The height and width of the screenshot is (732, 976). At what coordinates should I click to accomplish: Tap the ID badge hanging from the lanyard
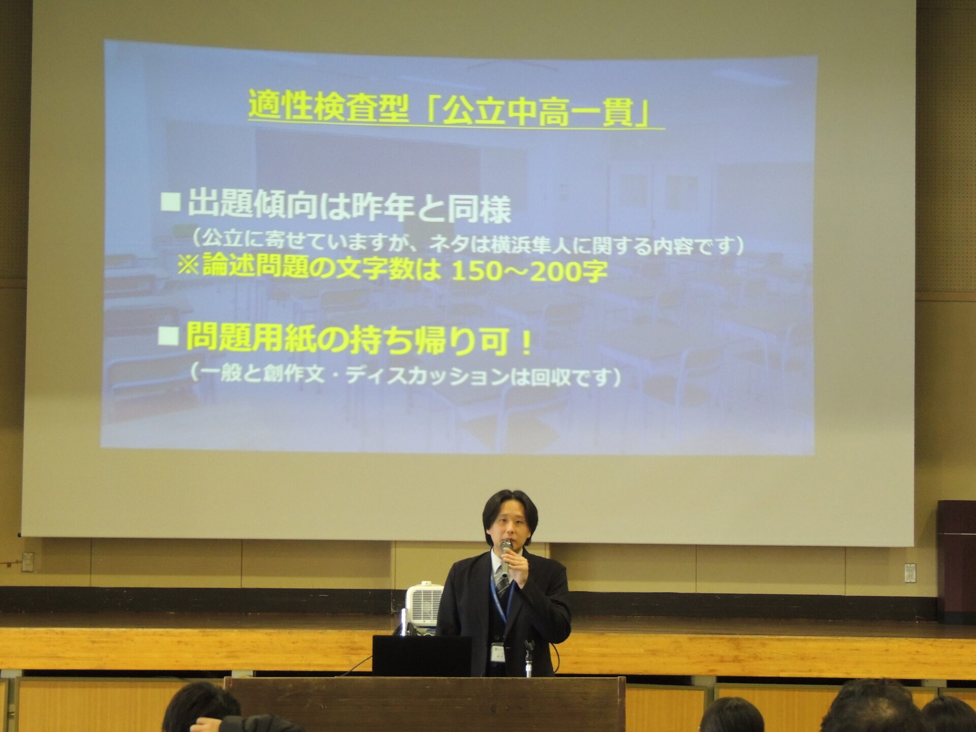pyautogui.click(x=497, y=652)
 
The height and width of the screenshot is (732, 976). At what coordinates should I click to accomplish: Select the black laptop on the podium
pyautogui.click(x=421, y=656)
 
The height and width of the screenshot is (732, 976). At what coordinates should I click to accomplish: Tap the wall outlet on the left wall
pyautogui.click(x=27, y=562)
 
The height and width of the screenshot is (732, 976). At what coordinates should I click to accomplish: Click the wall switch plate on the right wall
pyautogui.click(x=910, y=573)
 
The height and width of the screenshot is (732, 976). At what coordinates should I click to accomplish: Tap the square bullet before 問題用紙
pyautogui.click(x=169, y=336)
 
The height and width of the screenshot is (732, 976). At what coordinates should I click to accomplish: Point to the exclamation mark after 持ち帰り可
pyautogui.click(x=527, y=343)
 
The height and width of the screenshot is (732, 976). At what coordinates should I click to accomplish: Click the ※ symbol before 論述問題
pyautogui.click(x=188, y=265)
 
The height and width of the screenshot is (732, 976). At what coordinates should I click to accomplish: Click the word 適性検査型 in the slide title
pyautogui.click(x=328, y=106)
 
